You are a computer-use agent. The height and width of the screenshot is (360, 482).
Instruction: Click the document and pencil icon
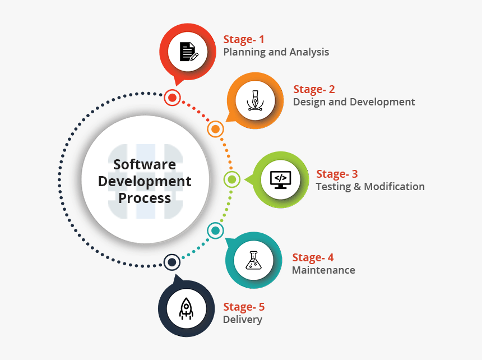coord(189,52)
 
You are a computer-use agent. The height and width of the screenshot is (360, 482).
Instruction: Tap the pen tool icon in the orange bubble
coord(255,100)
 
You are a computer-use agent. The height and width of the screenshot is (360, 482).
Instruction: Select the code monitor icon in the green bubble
coord(280,180)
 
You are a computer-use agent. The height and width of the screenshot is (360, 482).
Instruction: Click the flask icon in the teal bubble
coord(253,260)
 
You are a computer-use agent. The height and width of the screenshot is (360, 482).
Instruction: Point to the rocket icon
coord(186,308)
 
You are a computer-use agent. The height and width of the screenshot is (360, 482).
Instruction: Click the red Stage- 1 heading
coord(244,40)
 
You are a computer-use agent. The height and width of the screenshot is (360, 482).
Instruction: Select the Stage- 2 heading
coord(314,90)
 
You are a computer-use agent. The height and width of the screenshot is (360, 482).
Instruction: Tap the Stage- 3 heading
coord(337,174)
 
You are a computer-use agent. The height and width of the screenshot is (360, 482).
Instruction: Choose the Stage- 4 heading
coord(313,257)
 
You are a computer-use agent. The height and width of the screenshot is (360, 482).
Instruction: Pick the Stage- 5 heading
coord(244,307)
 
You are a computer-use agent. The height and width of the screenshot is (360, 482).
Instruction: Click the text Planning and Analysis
coord(276,52)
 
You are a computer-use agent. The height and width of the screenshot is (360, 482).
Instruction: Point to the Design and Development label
coord(354,101)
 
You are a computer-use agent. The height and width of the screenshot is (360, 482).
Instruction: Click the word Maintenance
coord(323,270)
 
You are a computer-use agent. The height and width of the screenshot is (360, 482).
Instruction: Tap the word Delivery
coord(243,320)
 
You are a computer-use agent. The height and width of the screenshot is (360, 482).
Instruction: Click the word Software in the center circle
coord(145,164)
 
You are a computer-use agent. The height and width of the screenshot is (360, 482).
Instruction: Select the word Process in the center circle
coord(145,199)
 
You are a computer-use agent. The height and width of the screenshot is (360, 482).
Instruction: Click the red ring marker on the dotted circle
coord(172,98)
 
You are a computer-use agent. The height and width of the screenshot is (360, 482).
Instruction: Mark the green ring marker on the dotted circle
coord(232,179)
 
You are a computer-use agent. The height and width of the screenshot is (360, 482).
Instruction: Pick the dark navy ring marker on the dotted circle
coord(172,262)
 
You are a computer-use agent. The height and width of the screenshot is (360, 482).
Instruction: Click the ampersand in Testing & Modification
coord(357,187)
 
